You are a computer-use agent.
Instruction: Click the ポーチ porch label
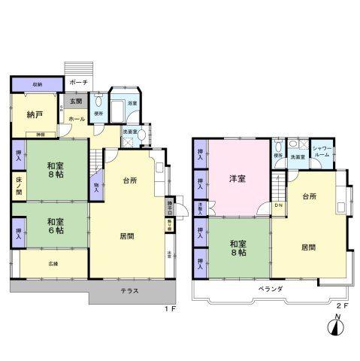[x=78, y=82]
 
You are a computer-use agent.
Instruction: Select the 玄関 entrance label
[x=77, y=102]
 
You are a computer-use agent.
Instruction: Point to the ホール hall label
[x=77, y=119]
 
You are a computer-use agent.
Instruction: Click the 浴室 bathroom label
[x=132, y=102]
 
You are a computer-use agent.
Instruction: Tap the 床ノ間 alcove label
[x=18, y=186]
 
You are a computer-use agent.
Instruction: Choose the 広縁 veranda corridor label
[x=53, y=264]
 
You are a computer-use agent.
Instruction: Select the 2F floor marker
[x=342, y=307]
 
